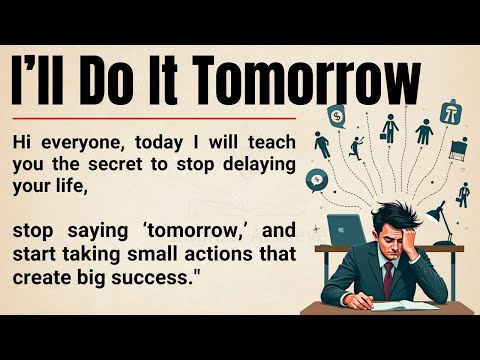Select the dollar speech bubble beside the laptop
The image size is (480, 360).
[319, 181]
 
